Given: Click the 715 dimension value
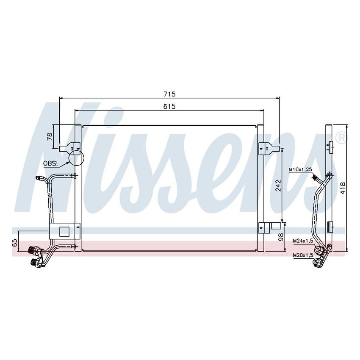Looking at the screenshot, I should click(169, 94).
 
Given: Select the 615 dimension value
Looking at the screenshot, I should click(169, 106).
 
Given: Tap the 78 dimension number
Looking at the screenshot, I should click(50, 136).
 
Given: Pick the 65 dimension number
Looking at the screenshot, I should click(15, 243).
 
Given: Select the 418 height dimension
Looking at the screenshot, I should click(343, 188).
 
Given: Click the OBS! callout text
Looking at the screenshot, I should click(50, 163).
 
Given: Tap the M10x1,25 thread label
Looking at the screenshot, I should click(300, 170).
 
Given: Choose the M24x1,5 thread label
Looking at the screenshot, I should click(303, 241).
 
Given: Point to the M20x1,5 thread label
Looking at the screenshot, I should click(303, 255).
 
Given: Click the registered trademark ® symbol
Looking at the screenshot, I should click(341, 137).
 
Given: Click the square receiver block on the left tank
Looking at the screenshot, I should click(64, 231).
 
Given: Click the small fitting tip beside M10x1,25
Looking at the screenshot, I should click(314, 178).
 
